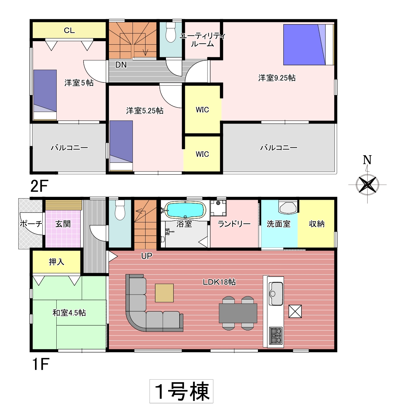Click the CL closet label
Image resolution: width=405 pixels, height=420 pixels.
[69, 30]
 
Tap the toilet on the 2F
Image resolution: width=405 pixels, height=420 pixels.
[171, 33]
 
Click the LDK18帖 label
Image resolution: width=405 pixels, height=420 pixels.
[219, 282]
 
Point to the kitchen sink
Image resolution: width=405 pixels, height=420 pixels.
[275, 294]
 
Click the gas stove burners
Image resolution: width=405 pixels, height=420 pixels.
[276, 335]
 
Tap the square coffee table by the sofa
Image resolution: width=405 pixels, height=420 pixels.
[164, 293]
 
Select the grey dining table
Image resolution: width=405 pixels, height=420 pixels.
[238, 313]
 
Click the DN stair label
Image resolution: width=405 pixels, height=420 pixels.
[121, 65]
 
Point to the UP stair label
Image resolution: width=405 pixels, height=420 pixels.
[146, 256]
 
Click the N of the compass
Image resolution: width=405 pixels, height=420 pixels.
[367, 160]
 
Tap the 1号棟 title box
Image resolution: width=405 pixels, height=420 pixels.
[181, 391]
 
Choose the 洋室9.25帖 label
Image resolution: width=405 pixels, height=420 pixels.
[277, 78]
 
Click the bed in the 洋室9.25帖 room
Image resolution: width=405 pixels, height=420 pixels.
[309, 45]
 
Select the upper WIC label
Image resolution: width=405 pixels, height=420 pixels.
[202, 110]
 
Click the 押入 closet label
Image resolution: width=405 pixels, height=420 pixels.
[57, 262]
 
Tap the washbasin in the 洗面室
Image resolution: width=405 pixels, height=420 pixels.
[288, 207]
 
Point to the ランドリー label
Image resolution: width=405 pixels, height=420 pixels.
[234, 224]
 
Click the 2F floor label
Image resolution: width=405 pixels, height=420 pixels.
[39, 186]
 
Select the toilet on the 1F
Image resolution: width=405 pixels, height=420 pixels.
[120, 210]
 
